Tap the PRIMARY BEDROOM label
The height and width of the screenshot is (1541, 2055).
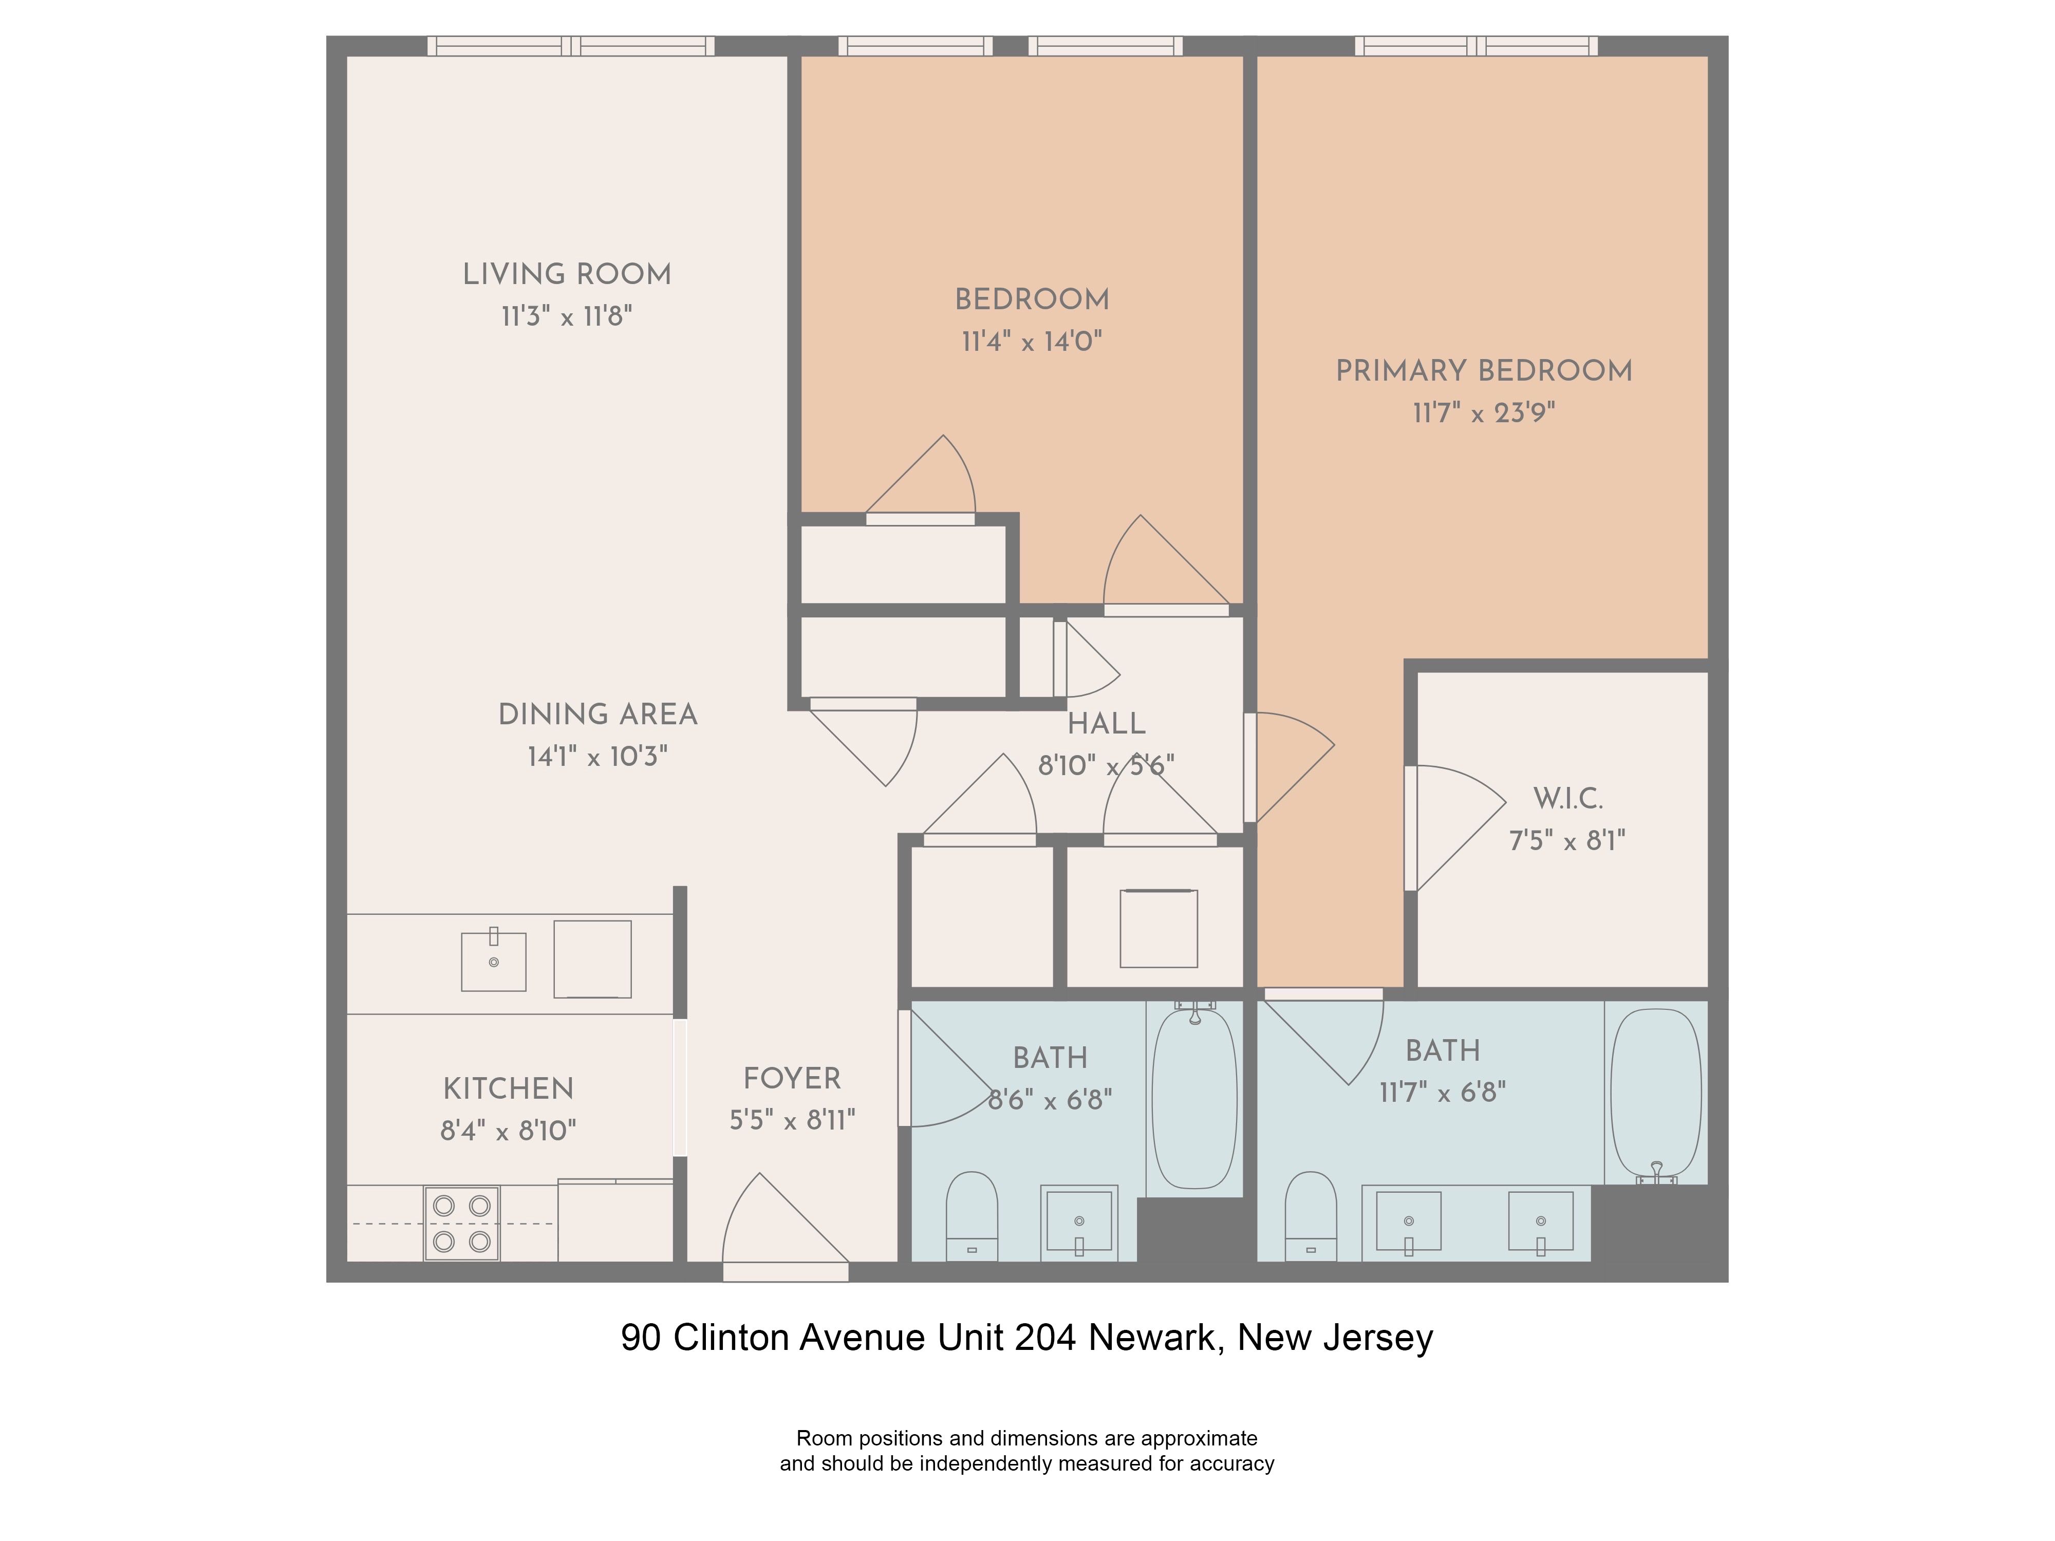pyautogui.click(x=1484, y=371)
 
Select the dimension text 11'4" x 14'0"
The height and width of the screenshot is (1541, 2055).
pyautogui.click(x=1031, y=342)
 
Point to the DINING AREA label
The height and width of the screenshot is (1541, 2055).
pyautogui.click(x=597, y=715)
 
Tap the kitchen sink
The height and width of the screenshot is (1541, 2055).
pyautogui.click(x=493, y=962)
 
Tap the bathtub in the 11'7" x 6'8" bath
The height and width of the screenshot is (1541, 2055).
pyautogui.click(x=1655, y=1093)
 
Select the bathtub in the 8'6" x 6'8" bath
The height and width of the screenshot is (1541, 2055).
pyautogui.click(x=1194, y=1098)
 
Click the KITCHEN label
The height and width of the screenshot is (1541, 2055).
pyautogui.click(x=508, y=1088)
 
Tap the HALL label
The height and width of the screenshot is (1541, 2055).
pyautogui.click(x=1106, y=724)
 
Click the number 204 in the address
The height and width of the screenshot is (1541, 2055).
pyautogui.click(x=1045, y=1338)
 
